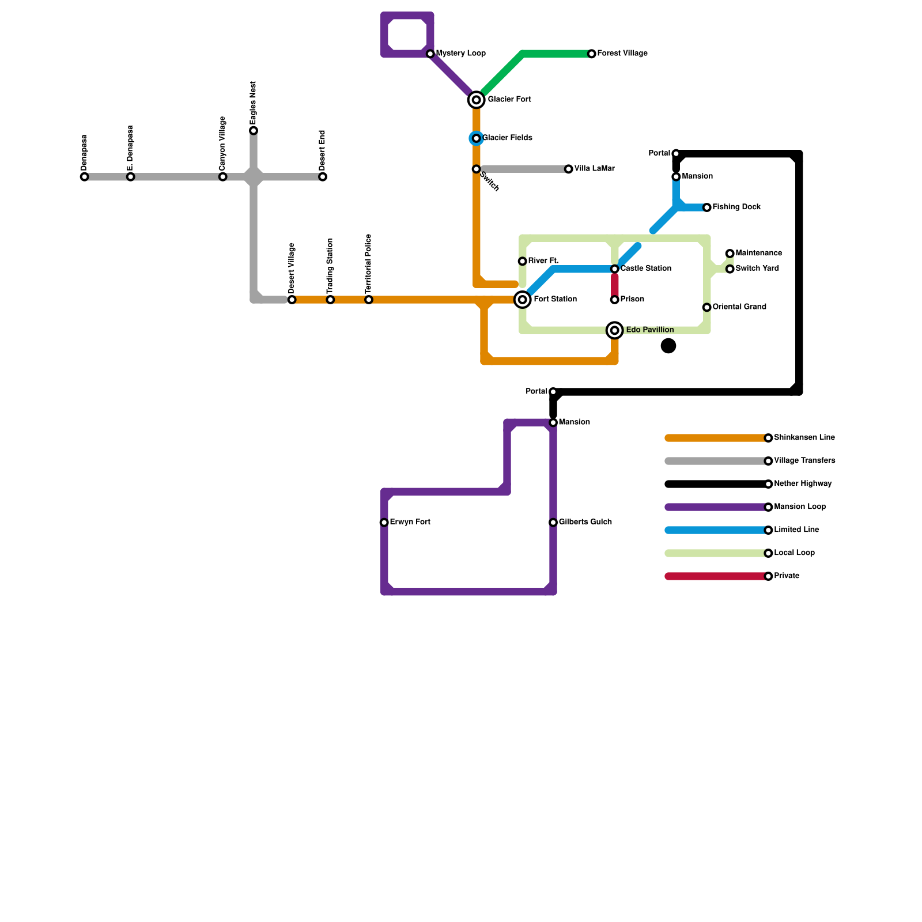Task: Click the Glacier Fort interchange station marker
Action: [476, 100]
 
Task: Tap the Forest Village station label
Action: [622, 54]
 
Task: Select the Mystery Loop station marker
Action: [430, 54]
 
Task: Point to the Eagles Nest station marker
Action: [254, 131]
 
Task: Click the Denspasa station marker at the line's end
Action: [85, 177]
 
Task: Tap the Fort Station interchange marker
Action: [523, 300]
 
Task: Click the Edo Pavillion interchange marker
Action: [615, 330]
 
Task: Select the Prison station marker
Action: [615, 300]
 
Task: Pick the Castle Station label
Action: [645, 269]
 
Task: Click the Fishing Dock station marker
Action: [707, 207]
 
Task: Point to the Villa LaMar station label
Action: [594, 169]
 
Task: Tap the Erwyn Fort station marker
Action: [384, 523]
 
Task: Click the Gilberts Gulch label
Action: [585, 522]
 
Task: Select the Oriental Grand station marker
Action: [707, 307]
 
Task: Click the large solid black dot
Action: [668, 346]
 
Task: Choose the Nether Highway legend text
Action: [803, 484]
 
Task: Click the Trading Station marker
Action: [330, 300]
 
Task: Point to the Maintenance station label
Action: [758, 254]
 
